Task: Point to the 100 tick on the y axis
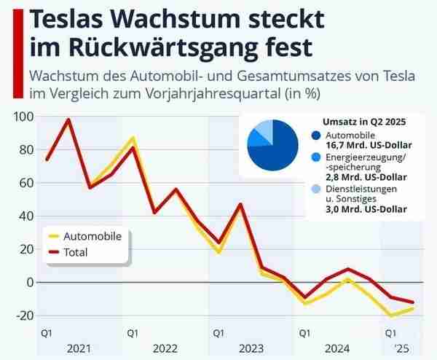(23, 117)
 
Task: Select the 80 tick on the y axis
(25, 149)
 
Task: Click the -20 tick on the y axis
(23, 315)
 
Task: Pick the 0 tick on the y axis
(29, 281)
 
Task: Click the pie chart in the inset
(274, 144)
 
